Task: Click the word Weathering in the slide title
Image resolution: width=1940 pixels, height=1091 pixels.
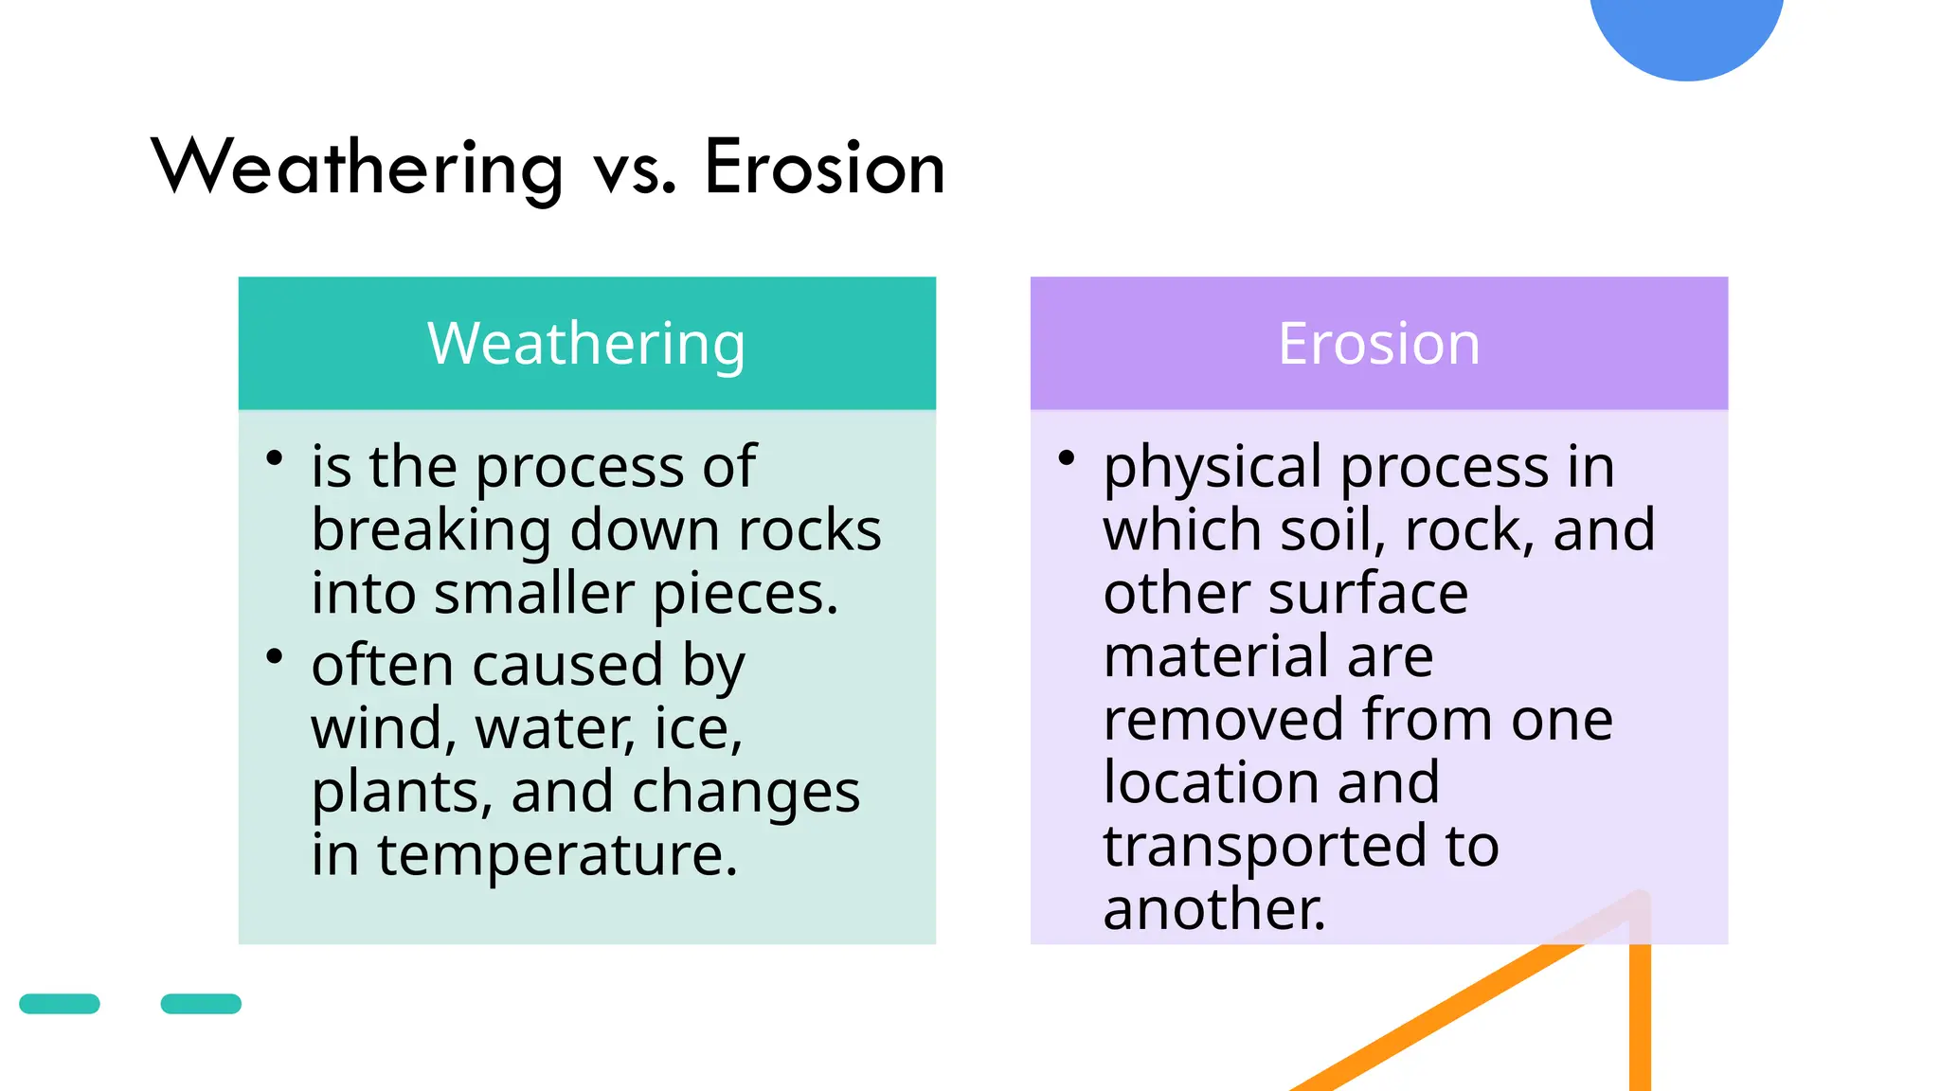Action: pyautogui.click(x=358, y=169)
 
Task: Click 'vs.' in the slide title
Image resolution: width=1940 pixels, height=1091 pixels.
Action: pyautogui.click(x=635, y=170)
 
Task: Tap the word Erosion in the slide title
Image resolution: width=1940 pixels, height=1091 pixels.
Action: pyautogui.click(x=824, y=169)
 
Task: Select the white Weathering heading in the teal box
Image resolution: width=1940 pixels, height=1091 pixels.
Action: pyautogui.click(x=586, y=344)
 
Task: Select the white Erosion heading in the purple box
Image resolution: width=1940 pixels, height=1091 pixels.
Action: pyautogui.click(x=1378, y=344)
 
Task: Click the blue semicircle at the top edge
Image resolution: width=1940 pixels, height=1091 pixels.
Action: pyautogui.click(x=1686, y=33)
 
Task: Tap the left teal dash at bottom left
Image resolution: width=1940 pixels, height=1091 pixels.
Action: pyautogui.click(x=60, y=1004)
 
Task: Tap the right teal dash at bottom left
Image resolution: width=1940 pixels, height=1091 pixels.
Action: pyautogui.click(x=201, y=1004)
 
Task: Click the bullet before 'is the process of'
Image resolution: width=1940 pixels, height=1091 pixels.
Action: pyautogui.click(x=275, y=459)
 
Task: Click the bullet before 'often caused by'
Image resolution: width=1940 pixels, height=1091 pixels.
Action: pyautogui.click(x=275, y=656)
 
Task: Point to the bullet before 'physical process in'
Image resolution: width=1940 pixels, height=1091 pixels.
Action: pyautogui.click(x=1067, y=459)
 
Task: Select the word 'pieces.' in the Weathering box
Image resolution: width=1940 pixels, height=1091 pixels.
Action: pyautogui.click(x=745, y=596)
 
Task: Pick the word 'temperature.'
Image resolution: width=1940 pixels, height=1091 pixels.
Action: pyautogui.click(x=557, y=856)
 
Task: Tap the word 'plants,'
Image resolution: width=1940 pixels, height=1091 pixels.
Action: pyautogui.click(x=402, y=794)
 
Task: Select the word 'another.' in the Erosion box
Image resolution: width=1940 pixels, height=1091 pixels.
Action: pyautogui.click(x=1213, y=910)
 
